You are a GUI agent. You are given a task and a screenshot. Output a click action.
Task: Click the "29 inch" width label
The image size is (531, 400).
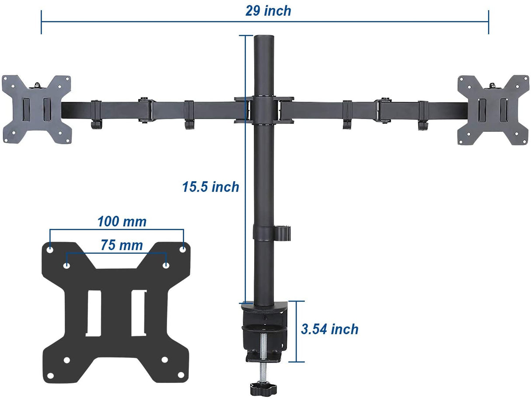(x=268, y=11)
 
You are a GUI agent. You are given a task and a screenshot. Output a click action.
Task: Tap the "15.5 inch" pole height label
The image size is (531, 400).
(x=211, y=187)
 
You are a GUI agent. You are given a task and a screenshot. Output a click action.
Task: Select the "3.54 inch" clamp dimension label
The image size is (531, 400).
(x=330, y=329)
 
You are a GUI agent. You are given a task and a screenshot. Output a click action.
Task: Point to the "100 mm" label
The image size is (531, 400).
(x=122, y=221)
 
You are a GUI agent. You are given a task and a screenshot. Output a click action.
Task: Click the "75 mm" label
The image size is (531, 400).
(x=122, y=245)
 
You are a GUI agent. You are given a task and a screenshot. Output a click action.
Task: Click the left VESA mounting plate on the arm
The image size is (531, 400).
(x=36, y=109)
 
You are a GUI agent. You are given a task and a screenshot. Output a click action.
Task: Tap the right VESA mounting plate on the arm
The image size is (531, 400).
(x=493, y=109)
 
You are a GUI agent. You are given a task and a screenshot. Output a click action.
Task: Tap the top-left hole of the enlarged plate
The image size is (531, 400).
(x=50, y=249)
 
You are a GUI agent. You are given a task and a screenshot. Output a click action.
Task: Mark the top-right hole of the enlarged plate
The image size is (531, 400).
(x=183, y=249)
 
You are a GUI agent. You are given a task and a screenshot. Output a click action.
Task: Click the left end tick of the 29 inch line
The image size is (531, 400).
(x=41, y=22)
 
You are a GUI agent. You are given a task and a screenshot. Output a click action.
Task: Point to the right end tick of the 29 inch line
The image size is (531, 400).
(x=489, y=22)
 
